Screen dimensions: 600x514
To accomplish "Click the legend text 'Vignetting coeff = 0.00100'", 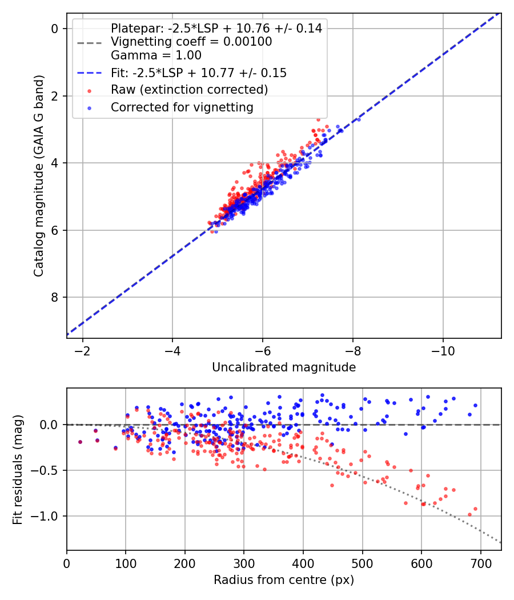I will point(191,42).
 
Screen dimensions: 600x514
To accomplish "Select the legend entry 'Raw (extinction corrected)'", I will point(189,90).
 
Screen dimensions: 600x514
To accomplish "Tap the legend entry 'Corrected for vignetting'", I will point(182,107).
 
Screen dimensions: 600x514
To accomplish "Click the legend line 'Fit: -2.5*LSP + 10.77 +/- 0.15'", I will point(199,73).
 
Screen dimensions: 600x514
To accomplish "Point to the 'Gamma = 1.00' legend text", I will point(156,56).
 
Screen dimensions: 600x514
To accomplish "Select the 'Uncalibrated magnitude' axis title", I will point(284,367).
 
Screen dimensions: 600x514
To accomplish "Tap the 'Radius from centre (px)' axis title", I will point(284,580).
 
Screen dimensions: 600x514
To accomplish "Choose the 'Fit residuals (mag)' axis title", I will point(18,469).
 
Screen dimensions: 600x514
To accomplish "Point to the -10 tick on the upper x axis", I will point(443,349).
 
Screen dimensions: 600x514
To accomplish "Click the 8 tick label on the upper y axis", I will point(56,297).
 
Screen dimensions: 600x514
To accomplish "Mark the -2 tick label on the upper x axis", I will point(83,349).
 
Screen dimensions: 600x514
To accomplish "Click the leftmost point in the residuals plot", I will point(80,442).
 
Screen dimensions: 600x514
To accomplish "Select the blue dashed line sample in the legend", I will point(89,73).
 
